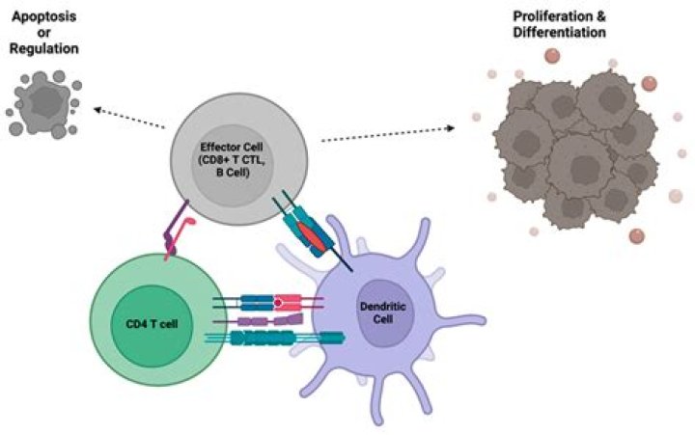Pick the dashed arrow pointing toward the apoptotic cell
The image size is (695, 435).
(x=130, y=116)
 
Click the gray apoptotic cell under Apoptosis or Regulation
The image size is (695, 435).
(x=41, y=102)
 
